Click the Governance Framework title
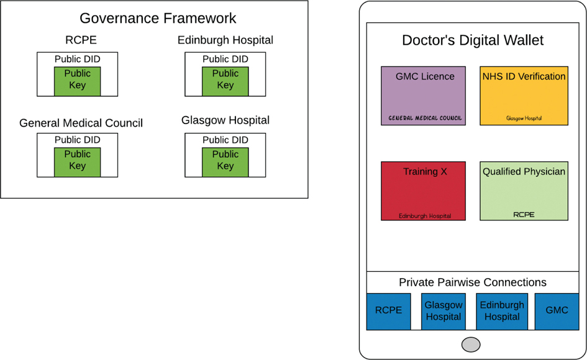pos(158,18)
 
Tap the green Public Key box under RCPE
pos(77,80)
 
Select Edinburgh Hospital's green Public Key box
pos(225,80)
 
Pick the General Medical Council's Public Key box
pos(77,161)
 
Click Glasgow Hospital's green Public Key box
pos(225,161)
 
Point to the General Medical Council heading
pos(81,123)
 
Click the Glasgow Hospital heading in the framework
pos(225,120)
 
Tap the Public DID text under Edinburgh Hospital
pos(225,59)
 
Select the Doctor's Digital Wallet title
pos(472,40)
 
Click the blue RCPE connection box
pos(388,311)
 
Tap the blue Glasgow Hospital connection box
pos(443,311)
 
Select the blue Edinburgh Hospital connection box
pos(501,311)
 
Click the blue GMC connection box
pos(556,311)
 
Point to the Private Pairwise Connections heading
pos(472,282)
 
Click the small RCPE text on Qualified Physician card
pos(524,215)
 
